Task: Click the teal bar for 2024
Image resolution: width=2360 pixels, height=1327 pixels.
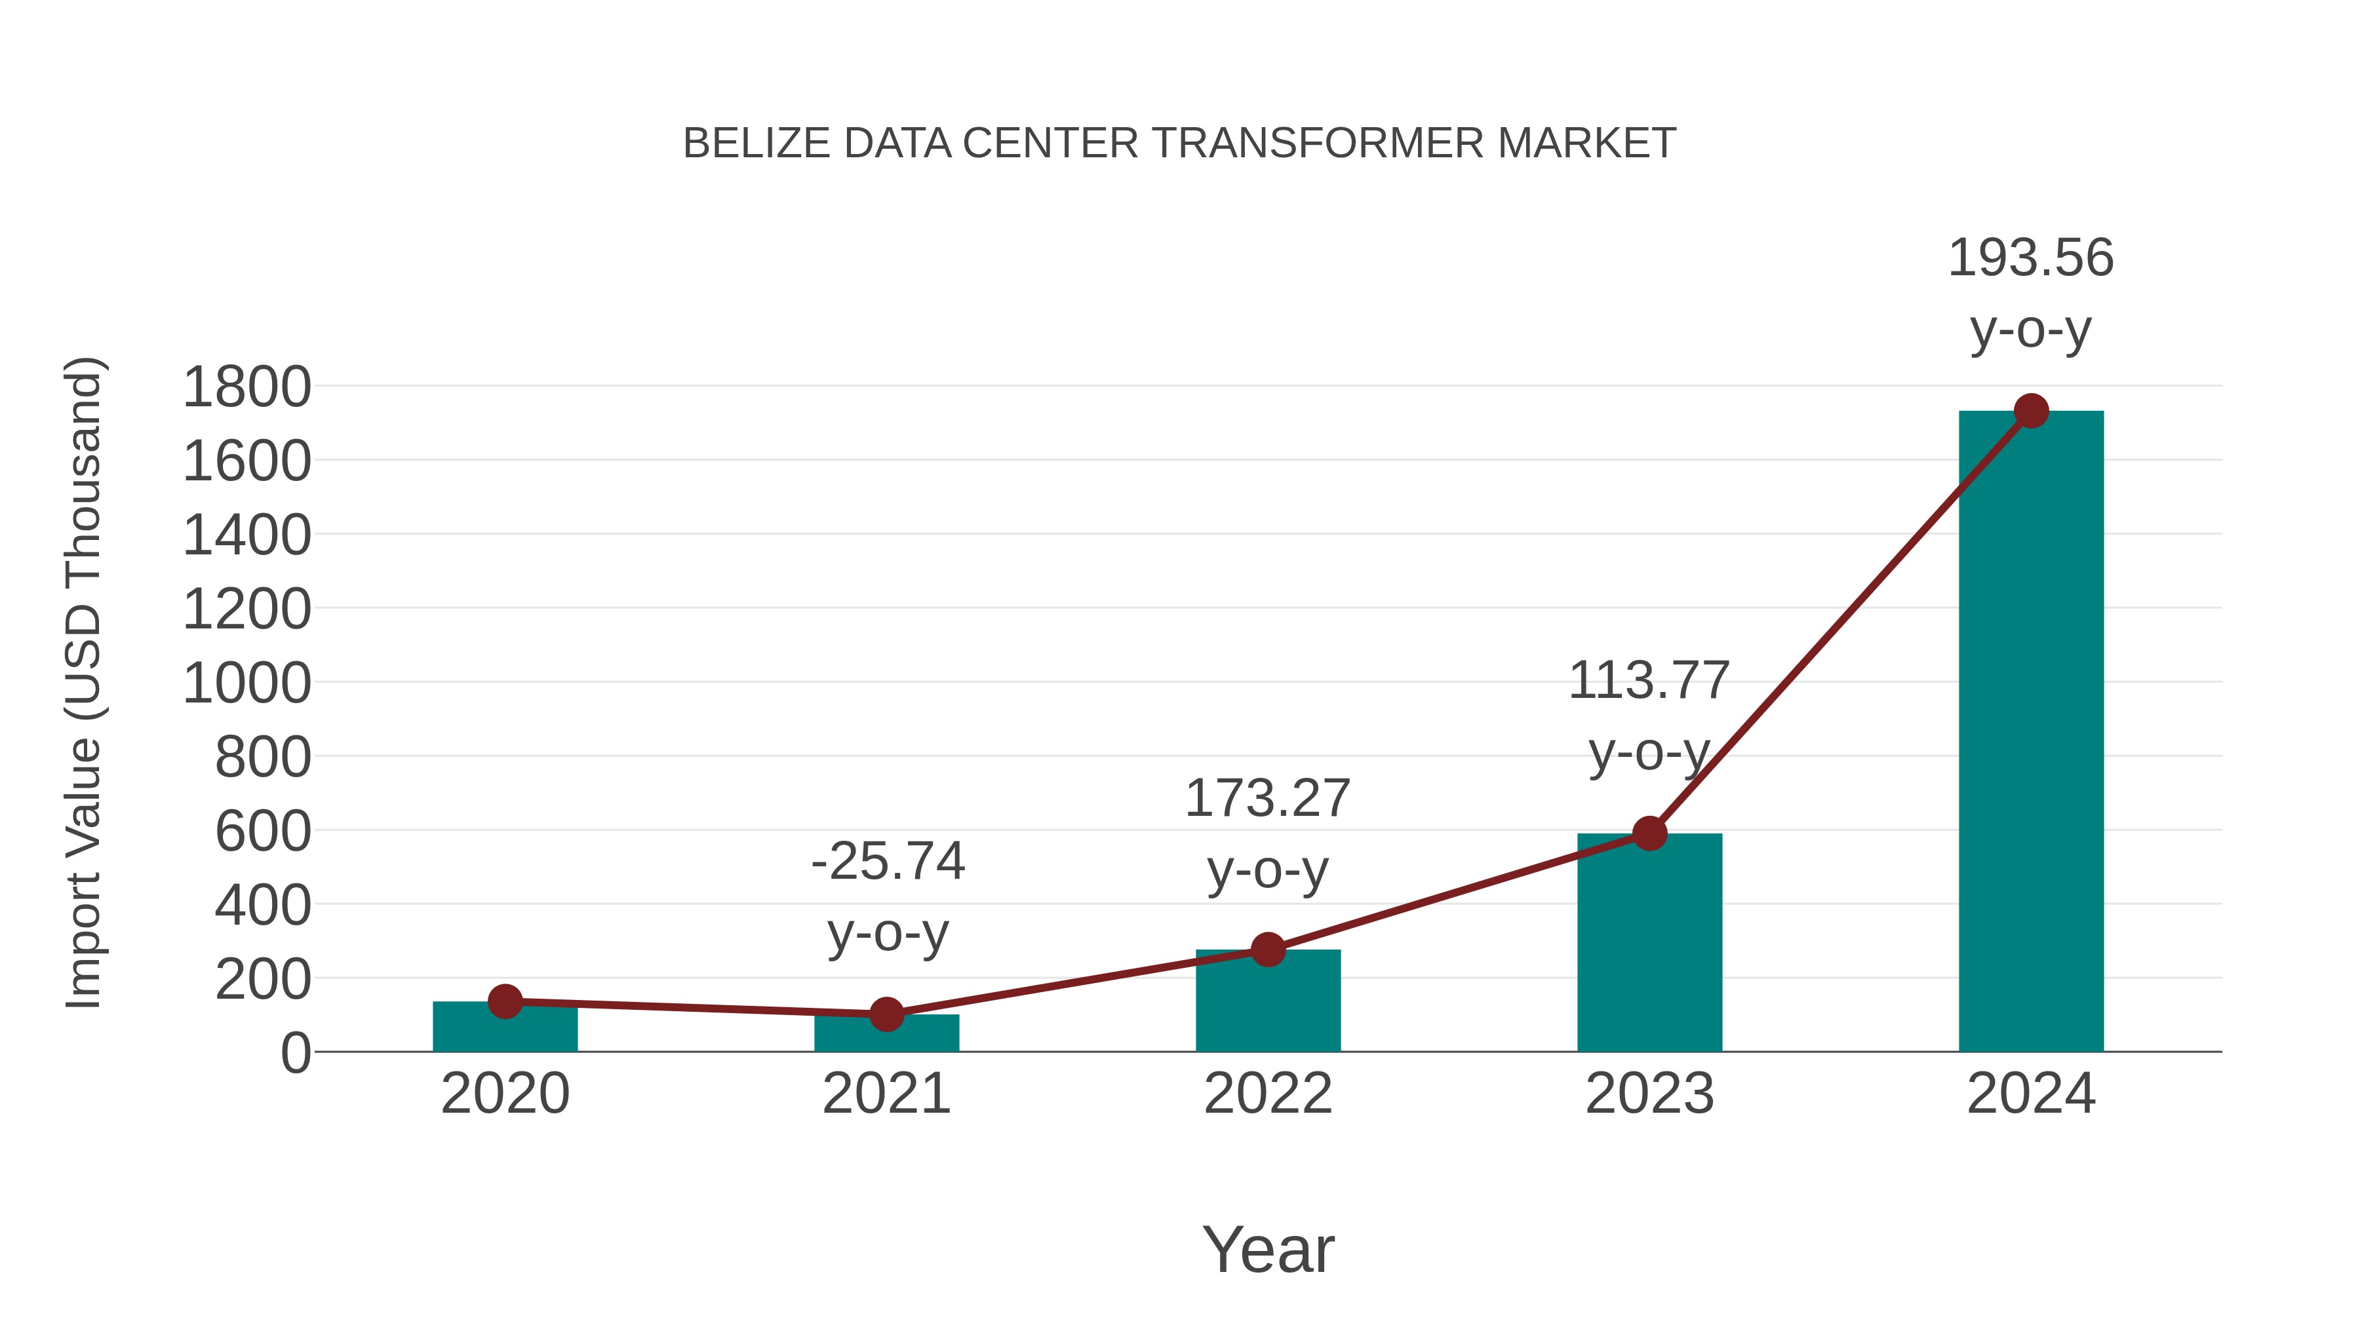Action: pyautogui.click(x=2030, y=733)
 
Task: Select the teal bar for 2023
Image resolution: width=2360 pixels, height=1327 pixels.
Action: pyautogui.click(x=1649, y=943)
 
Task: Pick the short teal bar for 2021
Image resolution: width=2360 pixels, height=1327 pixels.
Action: pyautogui.click(x=886, y=1035)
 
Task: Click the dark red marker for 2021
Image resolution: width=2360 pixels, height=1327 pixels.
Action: pyautogui.click(x=886, y=1014)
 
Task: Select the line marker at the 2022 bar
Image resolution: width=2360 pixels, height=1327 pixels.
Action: pyautogui.click(x=1268, y=950)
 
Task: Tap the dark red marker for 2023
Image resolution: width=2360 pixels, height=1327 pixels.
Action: pyautogui.click(x=1649, y=834)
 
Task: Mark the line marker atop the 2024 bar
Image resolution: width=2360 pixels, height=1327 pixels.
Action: pyautogui.click(x=2031, y=411)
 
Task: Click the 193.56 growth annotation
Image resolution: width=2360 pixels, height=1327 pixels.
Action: pyautogui.click(x=2030, y=258)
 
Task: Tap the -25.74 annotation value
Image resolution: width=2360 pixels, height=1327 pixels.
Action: pyautogui.click(x=888, y=861)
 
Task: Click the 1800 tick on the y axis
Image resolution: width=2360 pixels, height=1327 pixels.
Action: pyautogui.click(x=246, y=387)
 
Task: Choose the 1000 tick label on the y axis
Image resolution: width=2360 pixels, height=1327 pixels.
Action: pyautogui.click(x=246, y=683)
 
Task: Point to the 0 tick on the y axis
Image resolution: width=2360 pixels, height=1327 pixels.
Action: pyautogui.click(x=295, y=1053)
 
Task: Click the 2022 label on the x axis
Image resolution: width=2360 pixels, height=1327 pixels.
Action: pyautogui.click(x=1268, y=1094)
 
